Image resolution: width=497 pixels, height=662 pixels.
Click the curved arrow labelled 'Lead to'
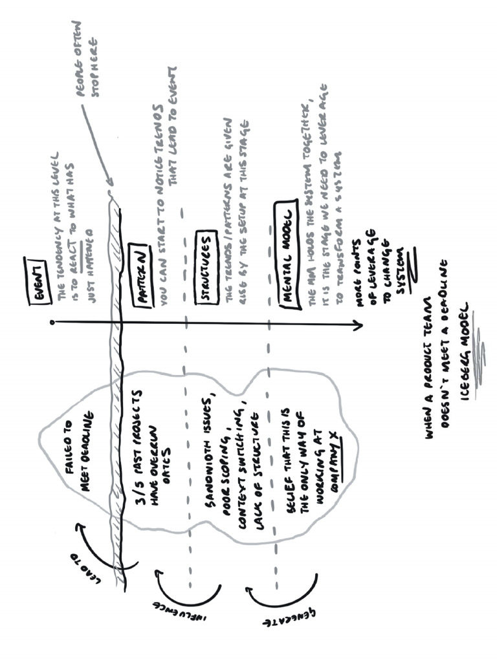coord(104,546)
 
